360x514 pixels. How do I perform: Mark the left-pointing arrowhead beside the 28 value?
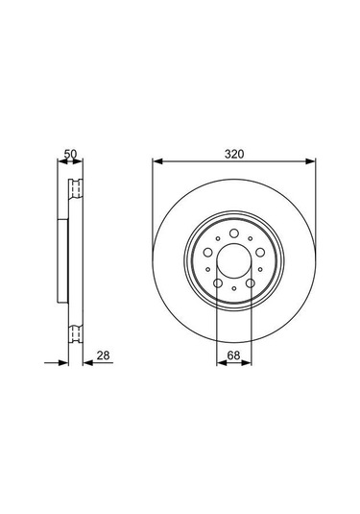tap(86, 363)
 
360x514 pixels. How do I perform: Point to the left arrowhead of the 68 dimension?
tap(220, 363)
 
